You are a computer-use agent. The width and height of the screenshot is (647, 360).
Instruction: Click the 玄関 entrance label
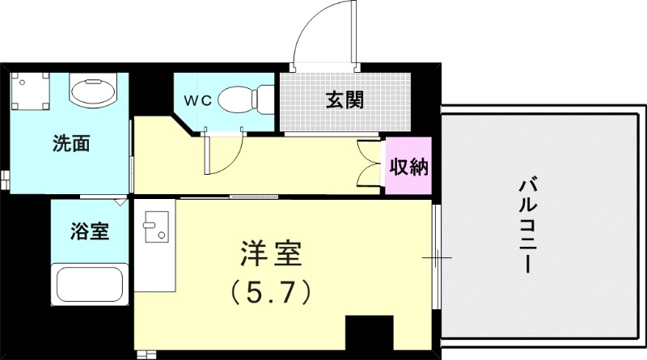tap(344, 100)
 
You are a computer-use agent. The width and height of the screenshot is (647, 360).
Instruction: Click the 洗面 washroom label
tap(70, 145)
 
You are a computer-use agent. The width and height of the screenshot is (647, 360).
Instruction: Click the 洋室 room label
tap(271, 255)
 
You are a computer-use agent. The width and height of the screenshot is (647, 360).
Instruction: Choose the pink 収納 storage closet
tap(409, 167)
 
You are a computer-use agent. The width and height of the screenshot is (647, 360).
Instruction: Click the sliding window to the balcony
tap(435, 259)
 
